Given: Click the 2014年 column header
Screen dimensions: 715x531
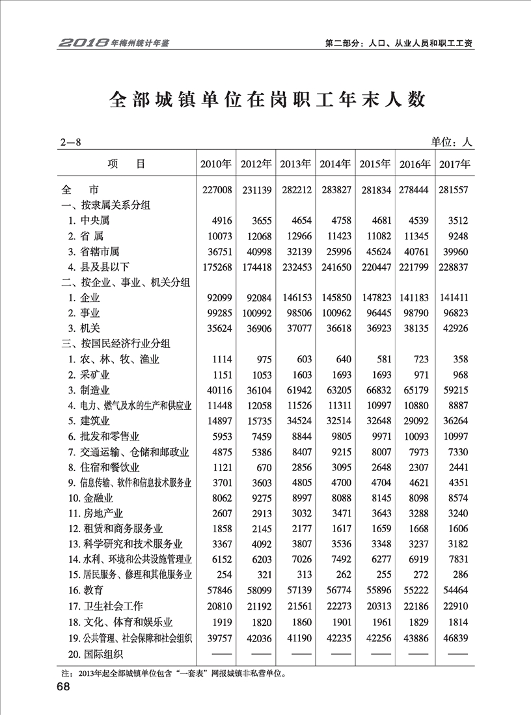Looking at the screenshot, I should click(336, 164).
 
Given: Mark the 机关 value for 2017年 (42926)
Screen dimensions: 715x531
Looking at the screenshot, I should click(454, 328).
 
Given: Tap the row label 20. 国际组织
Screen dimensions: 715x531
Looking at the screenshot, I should click(99, 653).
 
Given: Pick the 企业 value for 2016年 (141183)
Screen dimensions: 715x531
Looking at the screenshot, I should click(415, 297).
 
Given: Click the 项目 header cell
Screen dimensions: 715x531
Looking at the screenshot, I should click(126, 164).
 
